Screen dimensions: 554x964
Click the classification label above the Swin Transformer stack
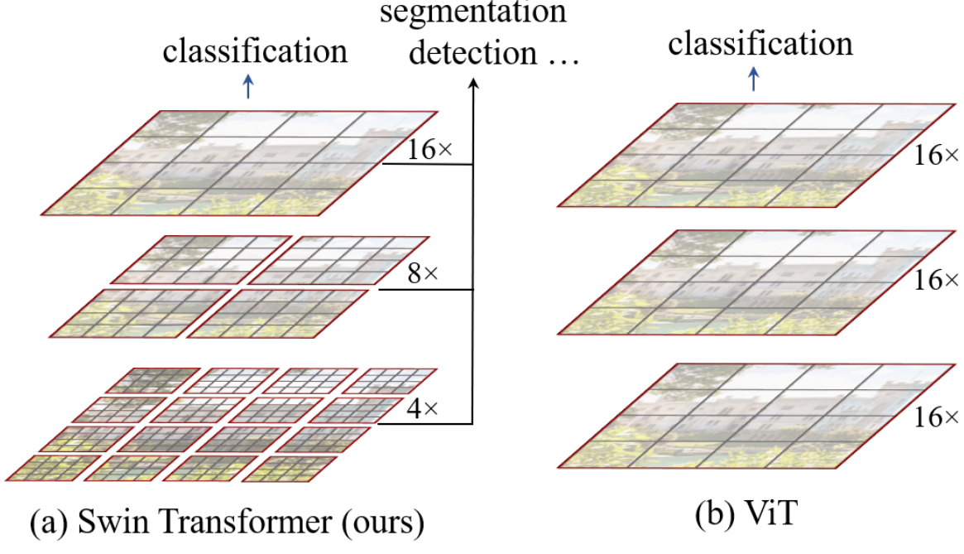pos(254,51)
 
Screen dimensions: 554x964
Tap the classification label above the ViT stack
pos(760,43)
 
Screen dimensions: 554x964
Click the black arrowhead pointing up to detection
pos(472,83)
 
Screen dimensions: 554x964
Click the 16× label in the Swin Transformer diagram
pos(429,151)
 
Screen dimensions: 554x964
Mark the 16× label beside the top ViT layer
pos(937,156)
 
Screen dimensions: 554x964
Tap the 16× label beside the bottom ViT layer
pos(937,417)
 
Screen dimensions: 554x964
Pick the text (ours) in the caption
pos(384,525)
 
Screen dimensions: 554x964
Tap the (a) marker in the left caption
pos(48,525)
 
